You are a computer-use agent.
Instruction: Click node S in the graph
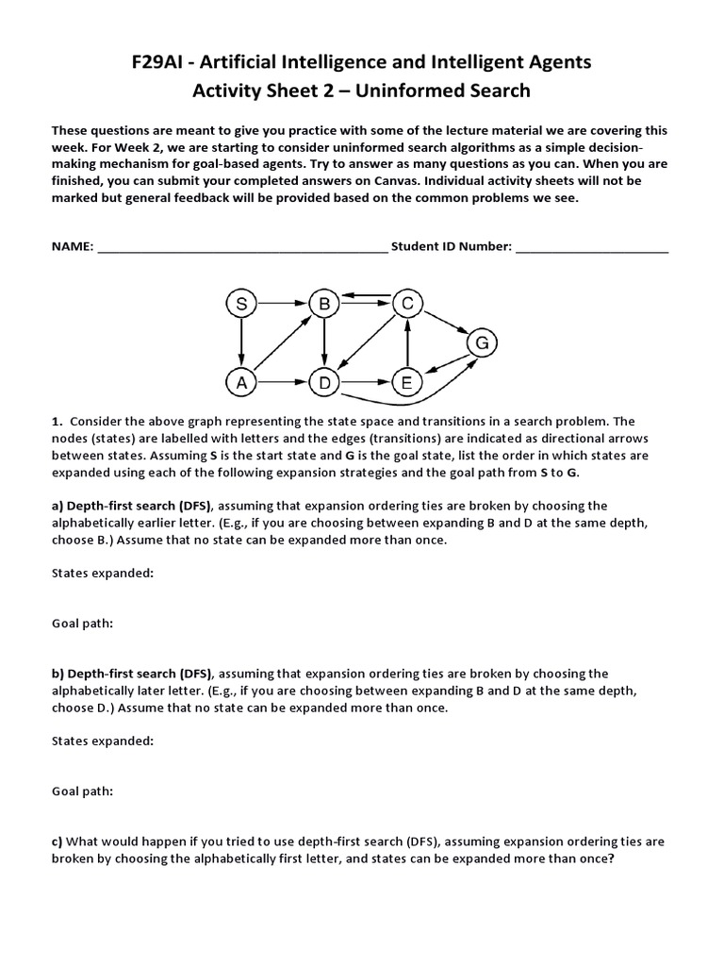[242, 304]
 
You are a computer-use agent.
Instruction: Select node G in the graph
[482, 343]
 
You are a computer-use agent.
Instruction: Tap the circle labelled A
[242, 383]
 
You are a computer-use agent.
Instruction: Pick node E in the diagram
[406, 383]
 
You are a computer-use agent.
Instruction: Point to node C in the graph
[407, 304]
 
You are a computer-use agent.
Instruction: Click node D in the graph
[324, 383]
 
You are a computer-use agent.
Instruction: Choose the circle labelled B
[324, 304]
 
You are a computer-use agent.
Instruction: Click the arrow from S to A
[242, 343]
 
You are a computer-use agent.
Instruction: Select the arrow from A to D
[283, 383]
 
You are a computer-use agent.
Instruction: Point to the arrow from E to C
[406, 343]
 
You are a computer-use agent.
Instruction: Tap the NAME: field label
[73, 247]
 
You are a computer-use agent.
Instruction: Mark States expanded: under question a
[102, 573]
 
